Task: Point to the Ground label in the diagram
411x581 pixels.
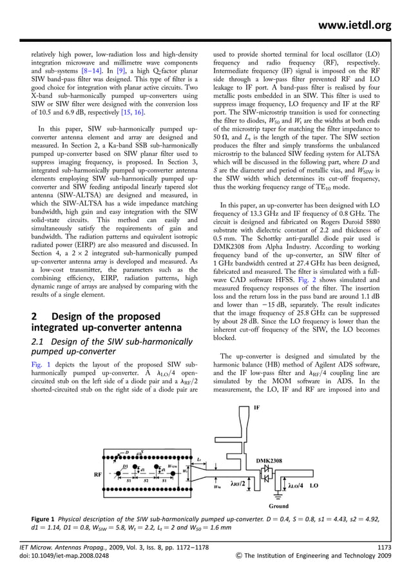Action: point(279,506)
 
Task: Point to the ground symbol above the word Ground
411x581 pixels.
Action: point(279,497)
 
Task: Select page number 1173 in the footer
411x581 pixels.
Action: point(384,547)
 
